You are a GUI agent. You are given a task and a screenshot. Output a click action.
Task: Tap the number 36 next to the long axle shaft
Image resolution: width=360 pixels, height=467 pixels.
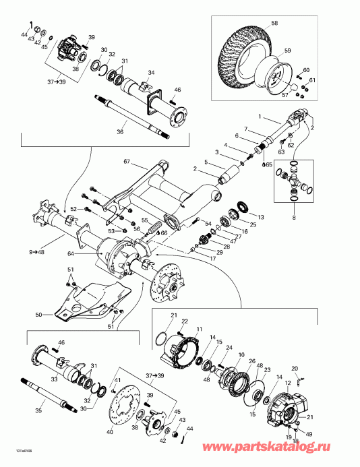coord(119,132)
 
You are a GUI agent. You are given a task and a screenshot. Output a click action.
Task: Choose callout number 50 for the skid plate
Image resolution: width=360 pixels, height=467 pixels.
coord(38,315)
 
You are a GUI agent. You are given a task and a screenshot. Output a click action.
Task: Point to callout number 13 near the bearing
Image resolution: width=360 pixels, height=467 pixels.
coord(261,217)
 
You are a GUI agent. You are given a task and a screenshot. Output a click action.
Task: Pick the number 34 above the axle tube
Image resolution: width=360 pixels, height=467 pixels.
coord(151,73)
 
